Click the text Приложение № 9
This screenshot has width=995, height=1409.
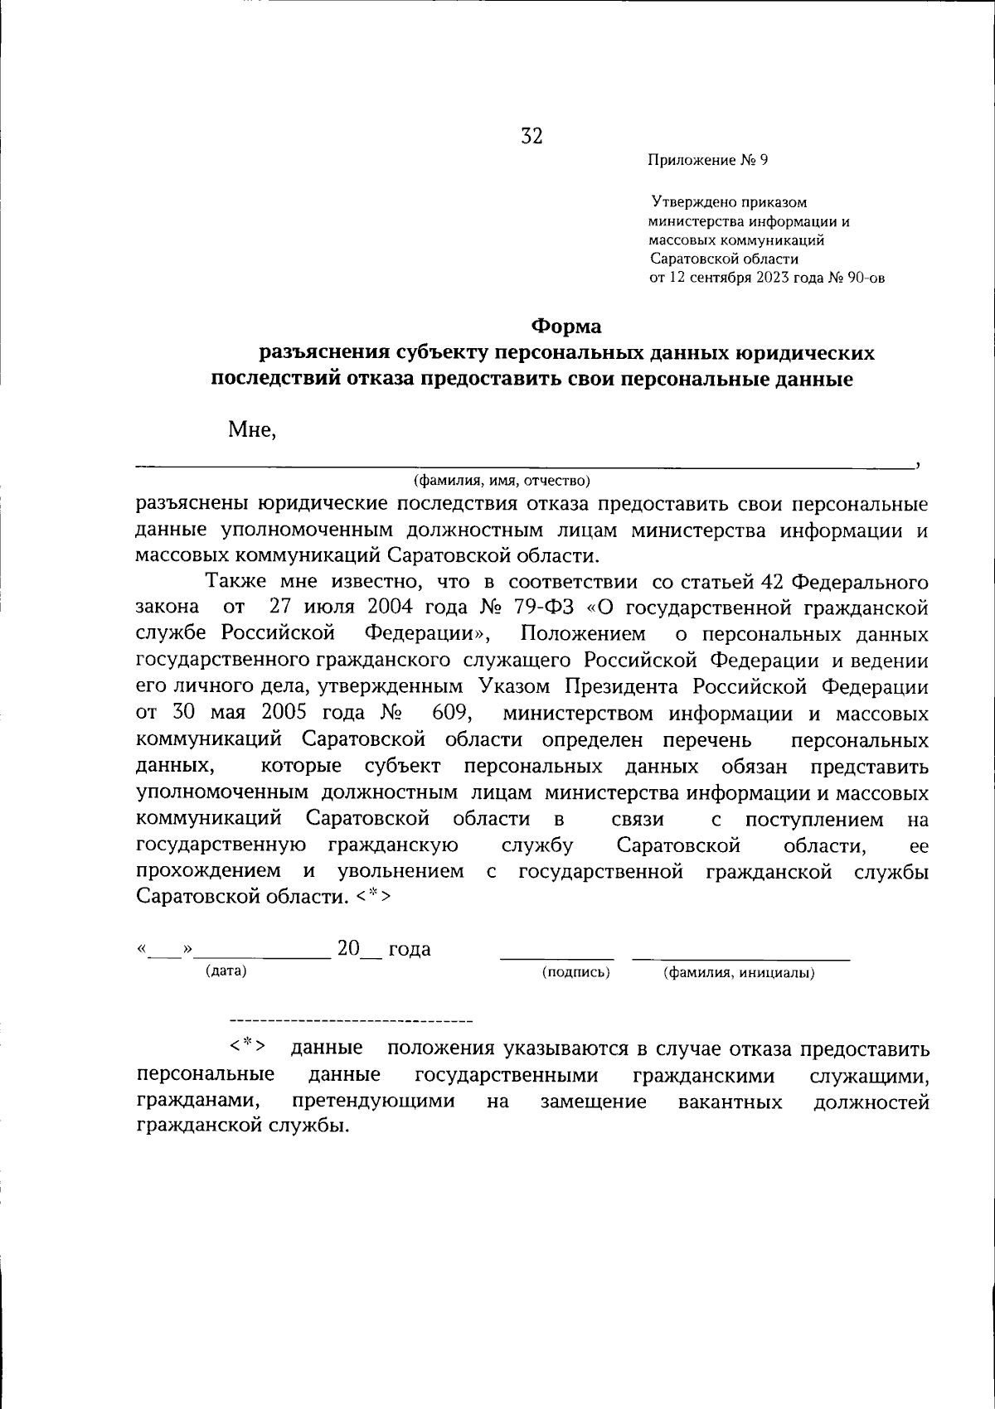click(x=708, y=160)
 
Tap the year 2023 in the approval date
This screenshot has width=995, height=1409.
click(x=773, y=278)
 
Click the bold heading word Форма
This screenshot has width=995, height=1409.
click(x=566, y=327)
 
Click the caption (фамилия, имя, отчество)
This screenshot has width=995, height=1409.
click(x=502, y=481)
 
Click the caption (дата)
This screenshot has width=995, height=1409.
click(x=226, y=970)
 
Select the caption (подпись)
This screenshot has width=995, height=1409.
click(x=575, y=972)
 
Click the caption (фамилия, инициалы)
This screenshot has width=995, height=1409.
click(x=738, y=973)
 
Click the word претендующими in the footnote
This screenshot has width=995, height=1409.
click(x=373, y=1102)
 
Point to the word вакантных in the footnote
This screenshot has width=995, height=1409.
click(x=730, y=1102)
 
